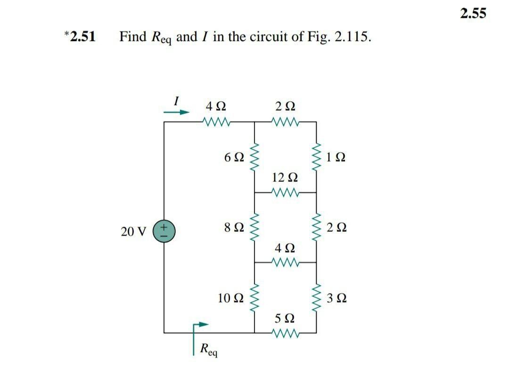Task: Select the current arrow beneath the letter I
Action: click(176, 112)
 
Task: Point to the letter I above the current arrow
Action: click(176, 100)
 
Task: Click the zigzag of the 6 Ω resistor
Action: click(255, 157)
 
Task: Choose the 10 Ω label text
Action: click(231, 298)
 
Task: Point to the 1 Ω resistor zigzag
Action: click(316, 157)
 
